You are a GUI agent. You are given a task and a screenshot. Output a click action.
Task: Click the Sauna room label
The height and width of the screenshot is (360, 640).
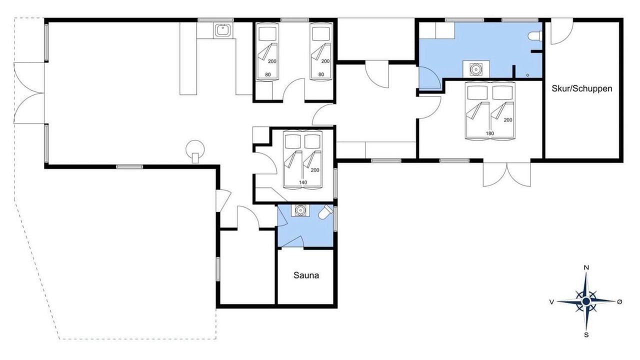pos(306,275)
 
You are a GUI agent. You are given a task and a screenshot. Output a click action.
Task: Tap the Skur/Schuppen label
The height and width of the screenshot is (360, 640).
pos(582,88)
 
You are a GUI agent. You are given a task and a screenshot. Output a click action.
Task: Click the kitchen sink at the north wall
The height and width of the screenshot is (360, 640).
pos(223,30)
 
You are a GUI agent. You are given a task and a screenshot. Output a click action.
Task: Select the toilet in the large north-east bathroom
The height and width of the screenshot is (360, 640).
pos(534,36)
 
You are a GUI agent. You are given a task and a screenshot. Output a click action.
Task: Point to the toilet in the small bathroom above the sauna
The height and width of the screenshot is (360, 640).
pos(325,212)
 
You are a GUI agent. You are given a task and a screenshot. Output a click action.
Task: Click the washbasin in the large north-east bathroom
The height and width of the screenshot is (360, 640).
pos(476,69)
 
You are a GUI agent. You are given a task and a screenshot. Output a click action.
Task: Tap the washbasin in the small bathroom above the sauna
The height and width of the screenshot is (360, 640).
pos(300,210)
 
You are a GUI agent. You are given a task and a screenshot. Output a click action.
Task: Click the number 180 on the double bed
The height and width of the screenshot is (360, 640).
pos(489,133)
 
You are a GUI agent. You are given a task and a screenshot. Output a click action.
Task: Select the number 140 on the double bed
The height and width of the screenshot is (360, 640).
pos(303,182)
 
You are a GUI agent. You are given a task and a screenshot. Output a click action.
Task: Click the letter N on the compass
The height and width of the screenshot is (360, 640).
pos(586,267)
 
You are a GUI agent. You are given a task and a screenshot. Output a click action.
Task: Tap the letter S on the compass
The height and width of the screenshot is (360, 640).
pos(586,335)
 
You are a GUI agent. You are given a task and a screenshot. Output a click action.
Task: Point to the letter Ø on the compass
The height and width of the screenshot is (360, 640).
pos(619,301)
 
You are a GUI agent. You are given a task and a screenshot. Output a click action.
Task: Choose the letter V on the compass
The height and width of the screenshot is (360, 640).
pos(551,301)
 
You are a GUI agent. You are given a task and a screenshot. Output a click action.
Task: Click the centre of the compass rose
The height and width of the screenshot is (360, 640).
pos(586,301)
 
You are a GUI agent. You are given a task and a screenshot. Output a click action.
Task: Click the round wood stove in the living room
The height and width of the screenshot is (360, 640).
pos(195,149)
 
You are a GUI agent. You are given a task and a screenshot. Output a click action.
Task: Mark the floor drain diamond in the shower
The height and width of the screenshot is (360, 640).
pos(527,75)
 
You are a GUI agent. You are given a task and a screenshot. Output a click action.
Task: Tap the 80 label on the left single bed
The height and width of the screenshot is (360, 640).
pos(267,74)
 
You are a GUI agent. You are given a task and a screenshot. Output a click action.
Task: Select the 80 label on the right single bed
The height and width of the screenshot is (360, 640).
pos(321,74)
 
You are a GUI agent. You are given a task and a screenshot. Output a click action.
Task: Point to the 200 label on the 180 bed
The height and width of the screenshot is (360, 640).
pos(508,120)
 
